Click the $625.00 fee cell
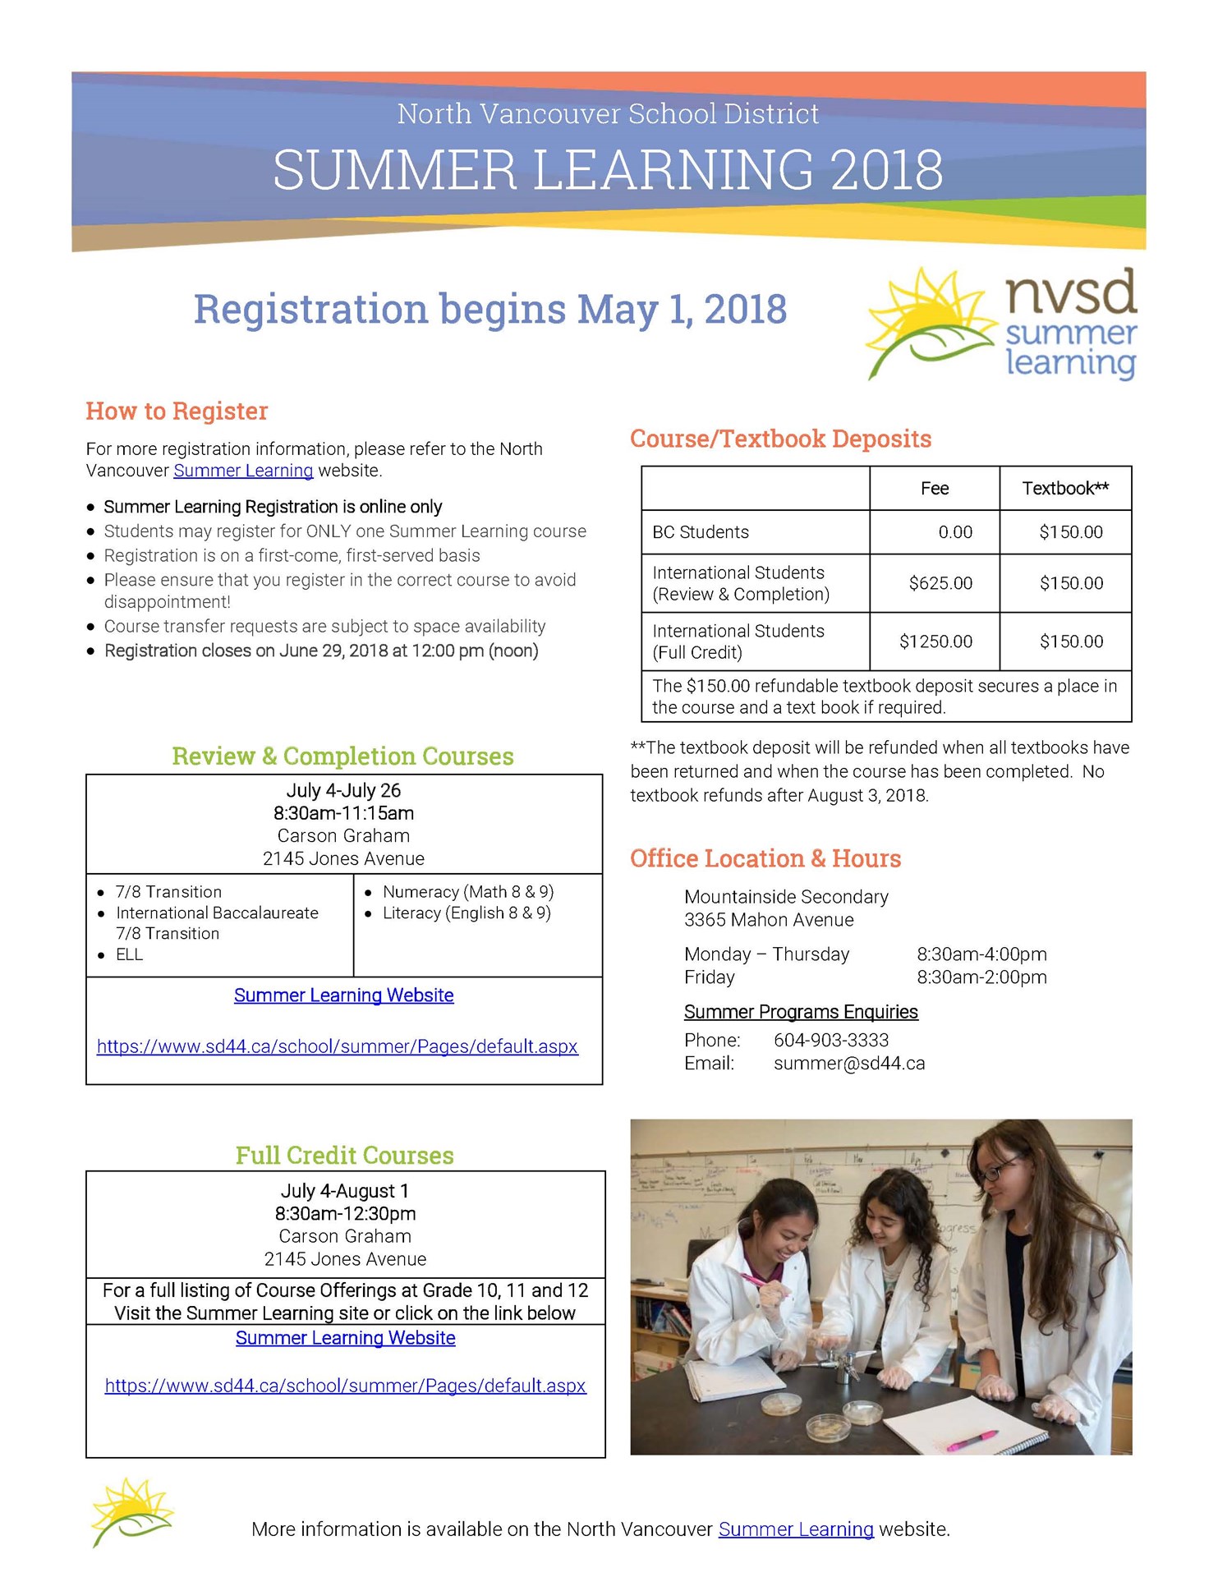940,583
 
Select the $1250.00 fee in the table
935,641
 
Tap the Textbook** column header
1064,489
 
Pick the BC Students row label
701,532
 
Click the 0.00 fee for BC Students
954,532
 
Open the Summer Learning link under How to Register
243,471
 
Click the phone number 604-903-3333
830,1040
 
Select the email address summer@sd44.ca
848,1063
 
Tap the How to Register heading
177,411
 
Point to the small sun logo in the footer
131,1511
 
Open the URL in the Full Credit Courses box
345,1386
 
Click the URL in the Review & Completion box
337,1046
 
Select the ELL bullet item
129,954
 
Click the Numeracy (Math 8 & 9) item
467,892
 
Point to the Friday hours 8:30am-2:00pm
981,977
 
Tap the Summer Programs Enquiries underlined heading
800,1012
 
